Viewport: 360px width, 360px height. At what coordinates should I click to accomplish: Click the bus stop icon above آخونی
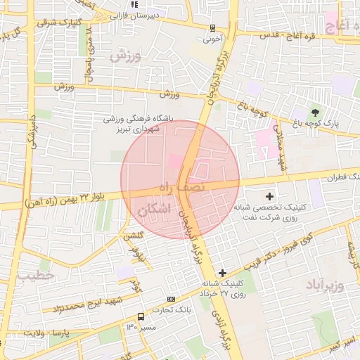tap(212, 29)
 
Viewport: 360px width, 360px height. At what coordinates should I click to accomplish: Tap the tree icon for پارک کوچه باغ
tap(314, 111)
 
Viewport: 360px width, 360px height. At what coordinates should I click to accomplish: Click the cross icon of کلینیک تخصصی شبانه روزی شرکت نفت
tap(269, 195)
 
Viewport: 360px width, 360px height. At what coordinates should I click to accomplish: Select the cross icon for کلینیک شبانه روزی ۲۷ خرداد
tap(223, 272)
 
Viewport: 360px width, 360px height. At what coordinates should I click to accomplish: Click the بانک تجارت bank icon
tap(171, 299)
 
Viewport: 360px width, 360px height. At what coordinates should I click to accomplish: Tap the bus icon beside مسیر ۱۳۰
tap(141, 316)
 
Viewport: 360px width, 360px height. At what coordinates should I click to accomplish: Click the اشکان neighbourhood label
tap(155, 209)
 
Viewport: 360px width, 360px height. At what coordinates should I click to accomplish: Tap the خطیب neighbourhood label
tap(35, 276)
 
